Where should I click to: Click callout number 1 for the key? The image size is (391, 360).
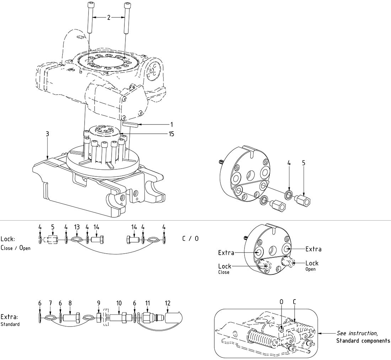(x=172, y=125)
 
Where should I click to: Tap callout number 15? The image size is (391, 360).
(x=172, y=134)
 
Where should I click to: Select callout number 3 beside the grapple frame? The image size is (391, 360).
(x=47, y=134)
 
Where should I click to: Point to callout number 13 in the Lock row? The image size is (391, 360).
(x=76, y=227)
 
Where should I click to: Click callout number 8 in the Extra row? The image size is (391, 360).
(x=70, y=303)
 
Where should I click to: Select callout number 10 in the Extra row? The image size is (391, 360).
(x=119, y=303)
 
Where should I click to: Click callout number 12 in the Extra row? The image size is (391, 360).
(x=168, y=303)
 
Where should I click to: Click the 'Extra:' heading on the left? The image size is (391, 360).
(x=9, y=317)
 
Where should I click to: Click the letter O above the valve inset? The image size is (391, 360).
(x=281, y=302)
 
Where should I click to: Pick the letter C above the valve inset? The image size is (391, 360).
(x=295, y=302)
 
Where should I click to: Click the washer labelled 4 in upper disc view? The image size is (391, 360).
(x=289, y=195)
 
